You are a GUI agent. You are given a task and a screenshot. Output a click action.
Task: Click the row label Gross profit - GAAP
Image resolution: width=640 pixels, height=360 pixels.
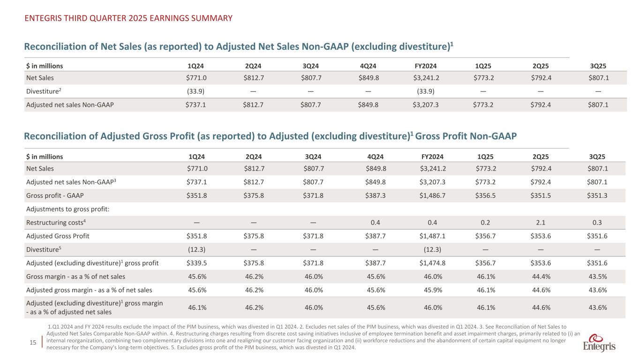coord(52,195)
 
